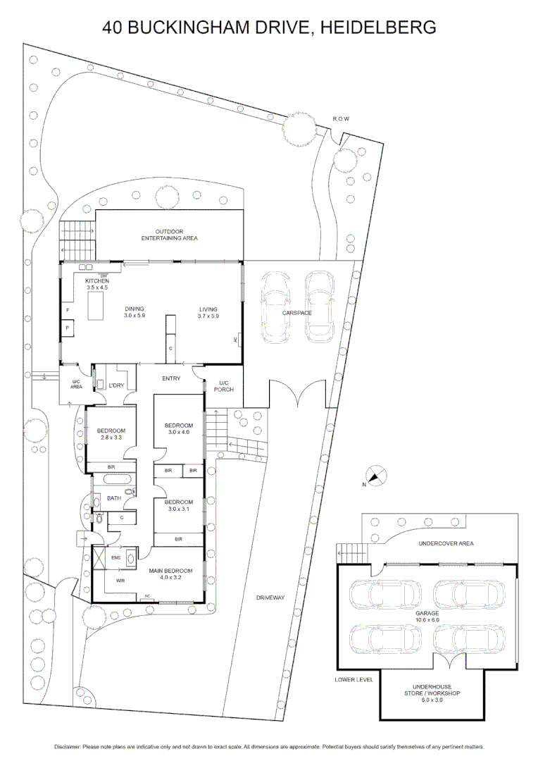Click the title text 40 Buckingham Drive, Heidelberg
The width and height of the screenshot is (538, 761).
click(269, 27)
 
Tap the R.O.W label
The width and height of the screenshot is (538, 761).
click(341, 119)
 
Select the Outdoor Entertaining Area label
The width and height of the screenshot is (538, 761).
click(169, 235)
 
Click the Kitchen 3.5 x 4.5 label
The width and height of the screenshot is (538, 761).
click(97, 284)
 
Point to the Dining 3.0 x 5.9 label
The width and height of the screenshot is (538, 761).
click(134, 312)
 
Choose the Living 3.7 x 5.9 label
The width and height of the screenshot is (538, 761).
click(208, 312)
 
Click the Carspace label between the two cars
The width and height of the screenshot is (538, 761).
click(298, 312)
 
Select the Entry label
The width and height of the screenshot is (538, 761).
click(171, 378)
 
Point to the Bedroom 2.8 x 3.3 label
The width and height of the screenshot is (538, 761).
click(111, 434)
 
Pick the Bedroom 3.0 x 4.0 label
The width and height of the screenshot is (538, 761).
click(178, 428)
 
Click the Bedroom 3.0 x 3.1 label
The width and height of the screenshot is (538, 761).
click(178, 505)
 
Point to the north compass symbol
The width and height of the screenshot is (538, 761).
click(375, 476)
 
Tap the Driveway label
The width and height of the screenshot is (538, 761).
click(270, 598)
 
